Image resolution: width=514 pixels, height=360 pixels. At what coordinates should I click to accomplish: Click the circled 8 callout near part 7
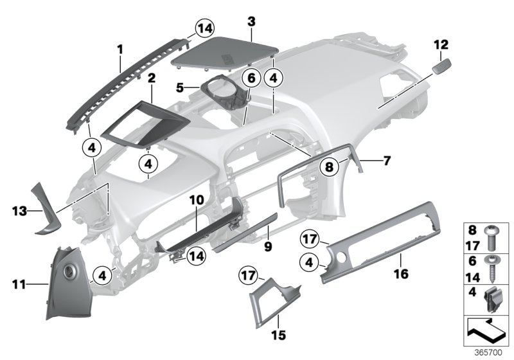[329, 166]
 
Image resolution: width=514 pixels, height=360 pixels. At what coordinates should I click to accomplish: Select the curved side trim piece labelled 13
[47, 206]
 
